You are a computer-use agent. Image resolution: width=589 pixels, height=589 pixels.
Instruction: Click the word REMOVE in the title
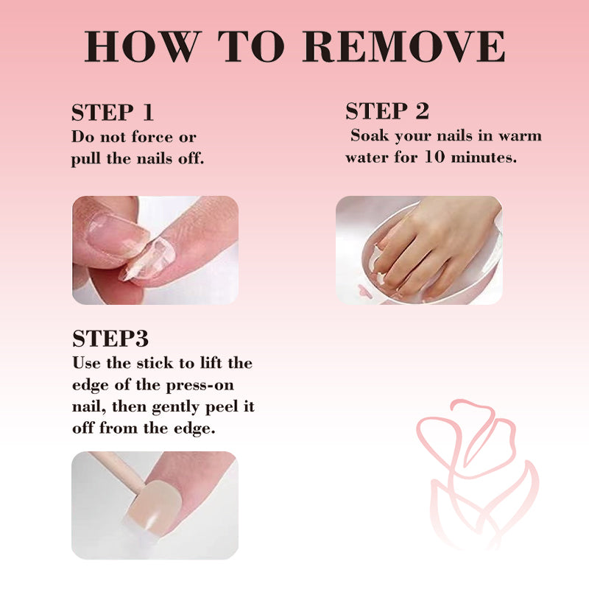[x=403, y=46]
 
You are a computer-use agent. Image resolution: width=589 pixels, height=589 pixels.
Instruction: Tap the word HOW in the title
[x=142, y=46]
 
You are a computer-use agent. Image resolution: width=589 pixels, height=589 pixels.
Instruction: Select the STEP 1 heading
[x=113, y=112]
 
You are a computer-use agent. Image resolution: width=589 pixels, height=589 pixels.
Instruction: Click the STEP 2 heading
[x=387, y=111]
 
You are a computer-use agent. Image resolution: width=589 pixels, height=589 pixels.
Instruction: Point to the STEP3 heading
[x=110, y=338]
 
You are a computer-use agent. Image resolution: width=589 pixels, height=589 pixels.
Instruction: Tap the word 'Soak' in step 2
[x=370, y=135]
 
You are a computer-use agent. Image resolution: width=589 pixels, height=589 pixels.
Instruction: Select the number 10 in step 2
[x=434, y=157]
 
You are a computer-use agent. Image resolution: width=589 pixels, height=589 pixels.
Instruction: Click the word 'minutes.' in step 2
[x=484, y=157]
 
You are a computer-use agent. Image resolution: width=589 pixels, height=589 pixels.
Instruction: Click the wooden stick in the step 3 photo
[x=117, y=472]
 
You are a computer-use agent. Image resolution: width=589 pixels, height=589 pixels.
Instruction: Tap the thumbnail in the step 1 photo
[x=117, y=236]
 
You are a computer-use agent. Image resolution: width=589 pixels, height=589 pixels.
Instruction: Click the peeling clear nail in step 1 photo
[x=149, y=259]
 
